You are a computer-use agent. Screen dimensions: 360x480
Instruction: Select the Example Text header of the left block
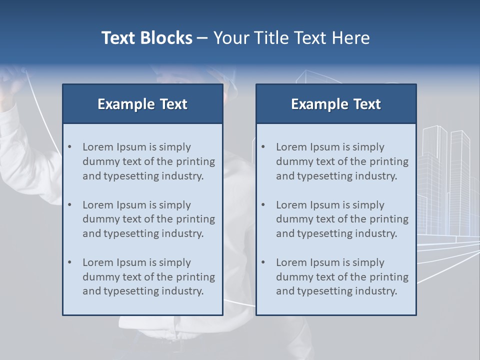142,104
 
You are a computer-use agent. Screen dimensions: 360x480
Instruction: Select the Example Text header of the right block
336,104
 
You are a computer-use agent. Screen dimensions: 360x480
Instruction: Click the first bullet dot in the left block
70,147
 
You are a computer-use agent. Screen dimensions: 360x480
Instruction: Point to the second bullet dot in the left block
70,205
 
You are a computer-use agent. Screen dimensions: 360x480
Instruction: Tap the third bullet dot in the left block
70,262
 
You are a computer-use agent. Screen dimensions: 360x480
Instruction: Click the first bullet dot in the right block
263,147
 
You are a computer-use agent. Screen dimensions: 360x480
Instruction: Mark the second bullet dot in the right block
263,205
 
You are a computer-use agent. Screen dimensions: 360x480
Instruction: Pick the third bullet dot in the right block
263,262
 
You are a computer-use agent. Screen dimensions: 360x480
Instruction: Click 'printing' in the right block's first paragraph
389,161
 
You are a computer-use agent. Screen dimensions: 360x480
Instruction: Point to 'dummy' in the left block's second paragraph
98,219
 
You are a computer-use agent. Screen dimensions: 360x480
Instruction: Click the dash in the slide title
202,38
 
